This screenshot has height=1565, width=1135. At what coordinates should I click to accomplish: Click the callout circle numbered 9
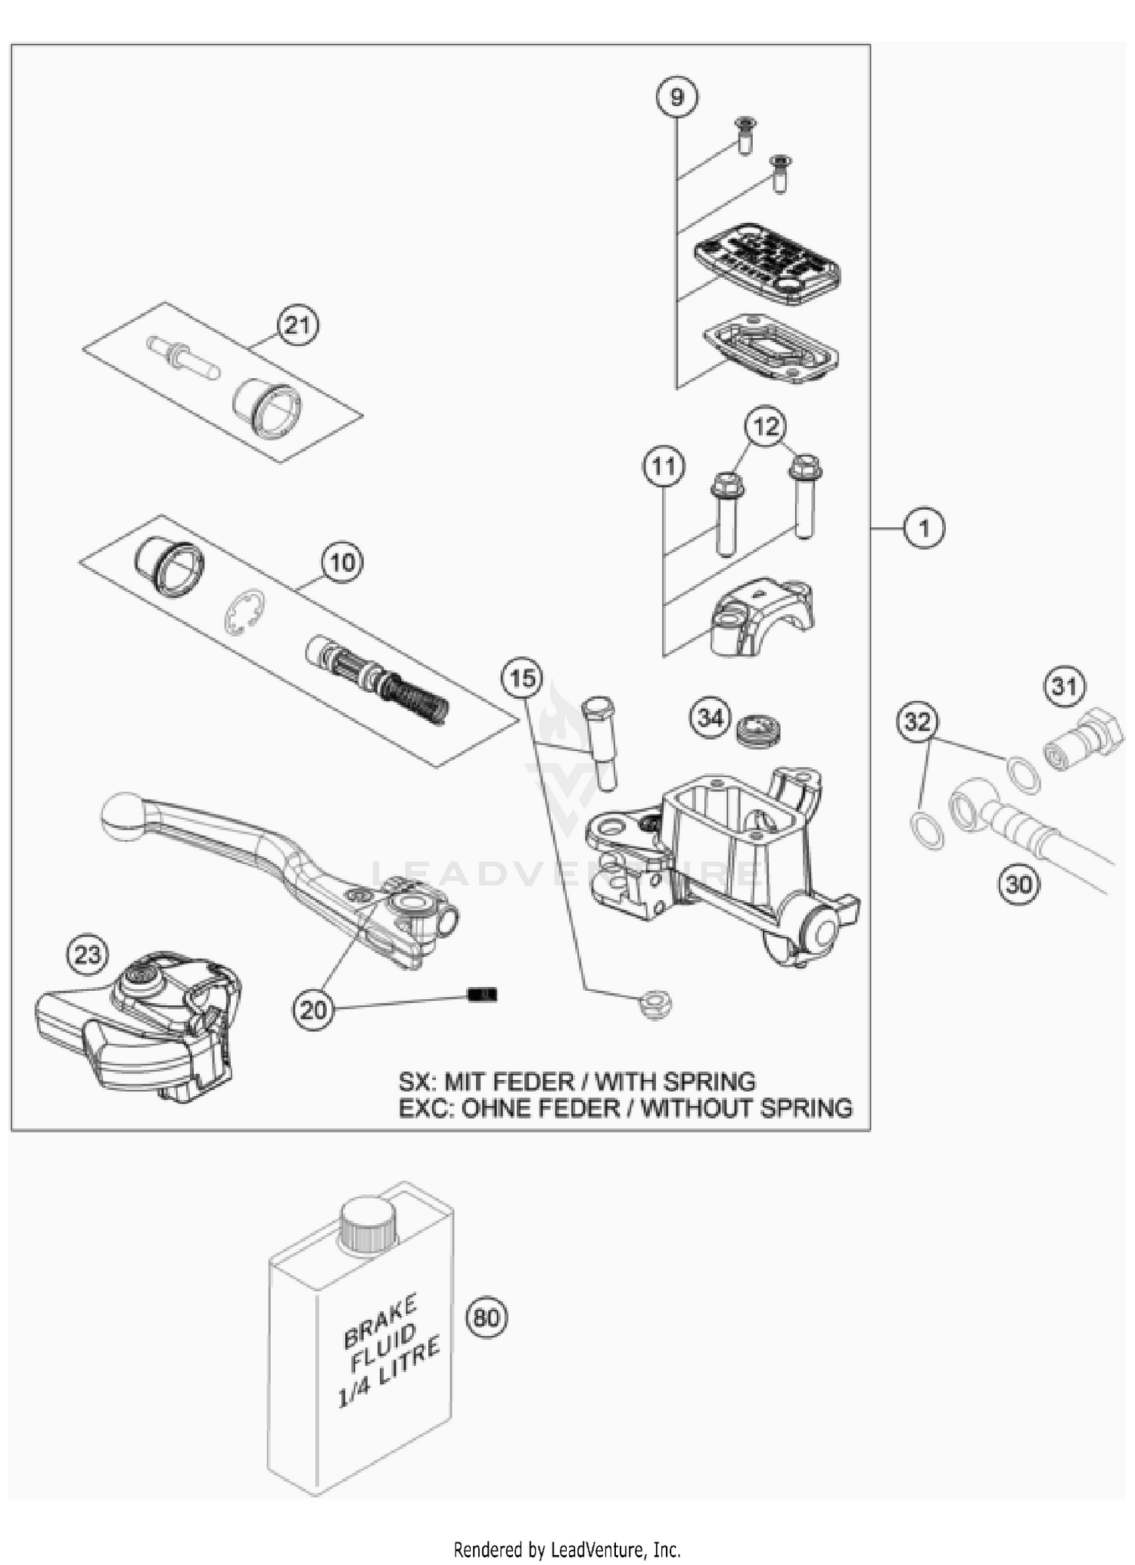click(x=676, y=97)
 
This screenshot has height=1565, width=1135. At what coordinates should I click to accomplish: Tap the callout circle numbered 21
click(x=297, y=325)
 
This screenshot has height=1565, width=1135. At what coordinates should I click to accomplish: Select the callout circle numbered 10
click(x=342, y=563)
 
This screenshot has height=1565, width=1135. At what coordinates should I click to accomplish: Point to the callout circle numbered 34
click(x=710, y=718)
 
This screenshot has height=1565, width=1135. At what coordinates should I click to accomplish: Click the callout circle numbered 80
click(x=487, y=1318)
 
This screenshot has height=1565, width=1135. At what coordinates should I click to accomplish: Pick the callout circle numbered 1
click(x=924, y=527)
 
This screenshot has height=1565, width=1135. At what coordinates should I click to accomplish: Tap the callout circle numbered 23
click(x=88, y=955)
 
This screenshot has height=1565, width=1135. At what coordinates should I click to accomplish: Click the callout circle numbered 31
click(x=1065, y=687)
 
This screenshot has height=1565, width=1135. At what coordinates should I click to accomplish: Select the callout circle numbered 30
click(x=1019, y=883)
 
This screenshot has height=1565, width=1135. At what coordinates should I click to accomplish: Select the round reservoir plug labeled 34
click(x=758, y=730)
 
